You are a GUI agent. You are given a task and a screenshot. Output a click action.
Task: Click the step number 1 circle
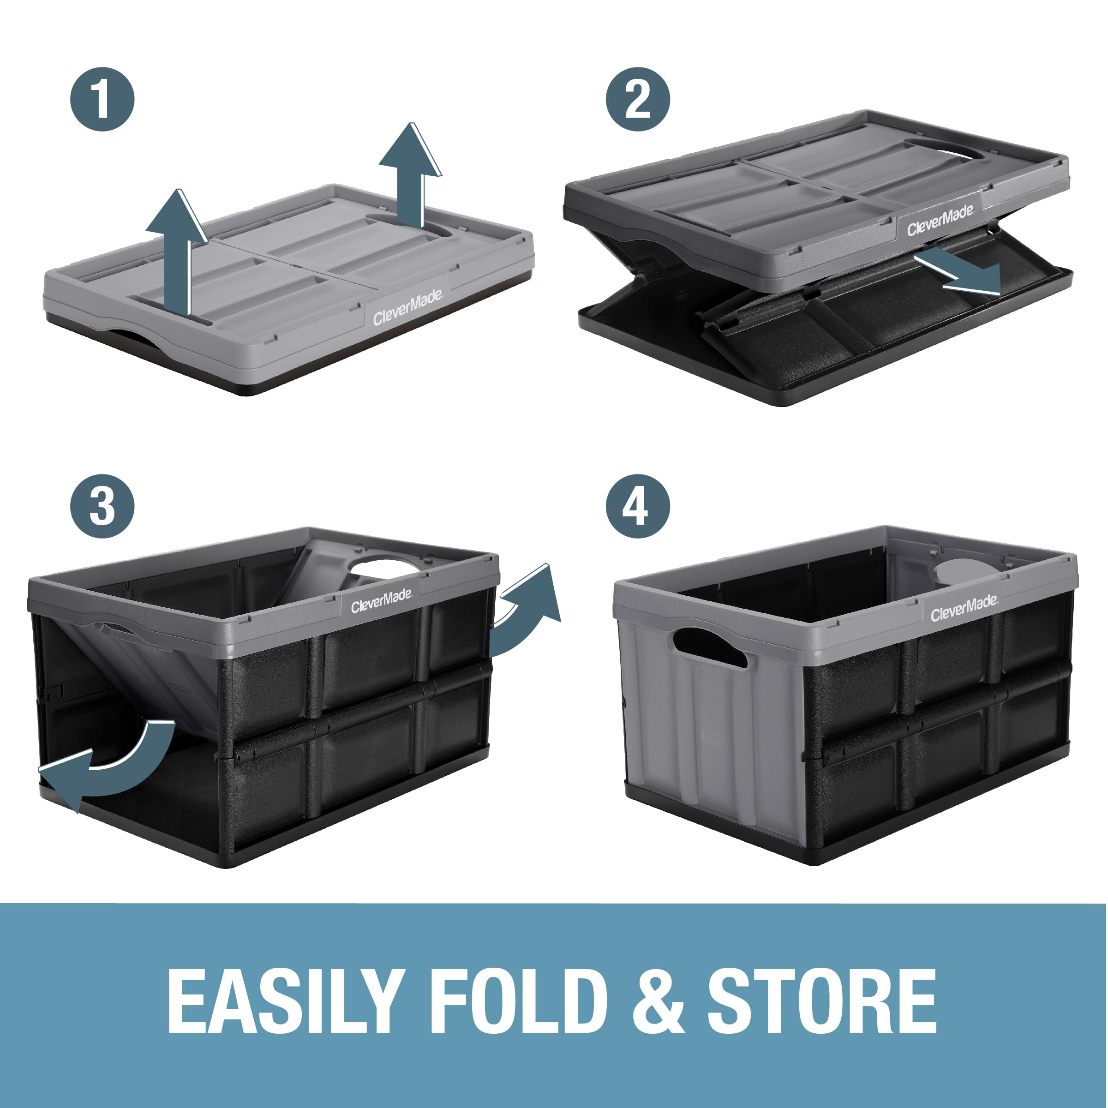tap(102, 99)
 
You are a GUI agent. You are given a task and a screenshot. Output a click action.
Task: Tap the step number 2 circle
tap(638, 99)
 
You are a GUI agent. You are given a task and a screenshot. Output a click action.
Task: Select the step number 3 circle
tap(102, 506)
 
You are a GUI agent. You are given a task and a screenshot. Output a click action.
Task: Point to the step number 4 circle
tap(638, 506)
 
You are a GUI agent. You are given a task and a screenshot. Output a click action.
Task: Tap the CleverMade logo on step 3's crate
tap(381, 601)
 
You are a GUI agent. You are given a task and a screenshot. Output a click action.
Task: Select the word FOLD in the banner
tap(518, 1001)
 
